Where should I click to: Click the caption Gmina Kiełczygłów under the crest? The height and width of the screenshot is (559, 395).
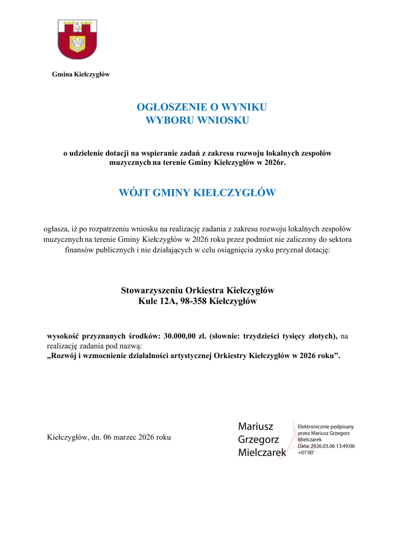[x=80, y=74]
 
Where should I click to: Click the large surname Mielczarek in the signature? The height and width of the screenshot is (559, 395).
[x=262, y=453]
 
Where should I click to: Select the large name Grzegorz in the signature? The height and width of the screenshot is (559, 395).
[x=259, y=439]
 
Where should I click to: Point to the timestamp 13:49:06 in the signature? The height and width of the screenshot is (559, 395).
[x=342, y=446]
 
